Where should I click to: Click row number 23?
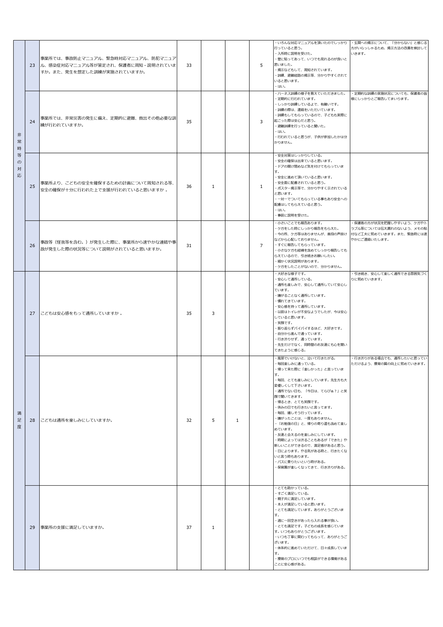click(x=32, y=65)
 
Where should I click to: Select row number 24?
click(x=32, y=122)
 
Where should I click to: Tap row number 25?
click(x=32, y=187)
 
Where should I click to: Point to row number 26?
click(x=32, y=246)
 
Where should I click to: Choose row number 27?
click(x=32, y=313)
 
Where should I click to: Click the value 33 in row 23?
click(x=189, y=65)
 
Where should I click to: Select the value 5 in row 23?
click(x=261, y=65)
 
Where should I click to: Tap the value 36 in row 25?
click(x=189, y=187)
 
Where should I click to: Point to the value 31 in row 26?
click(x=189, y=246)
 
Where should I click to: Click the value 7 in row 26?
click(x=261, y=246)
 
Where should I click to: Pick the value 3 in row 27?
click(x=213, y=313)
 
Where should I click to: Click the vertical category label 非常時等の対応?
click(x=19, y=155)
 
